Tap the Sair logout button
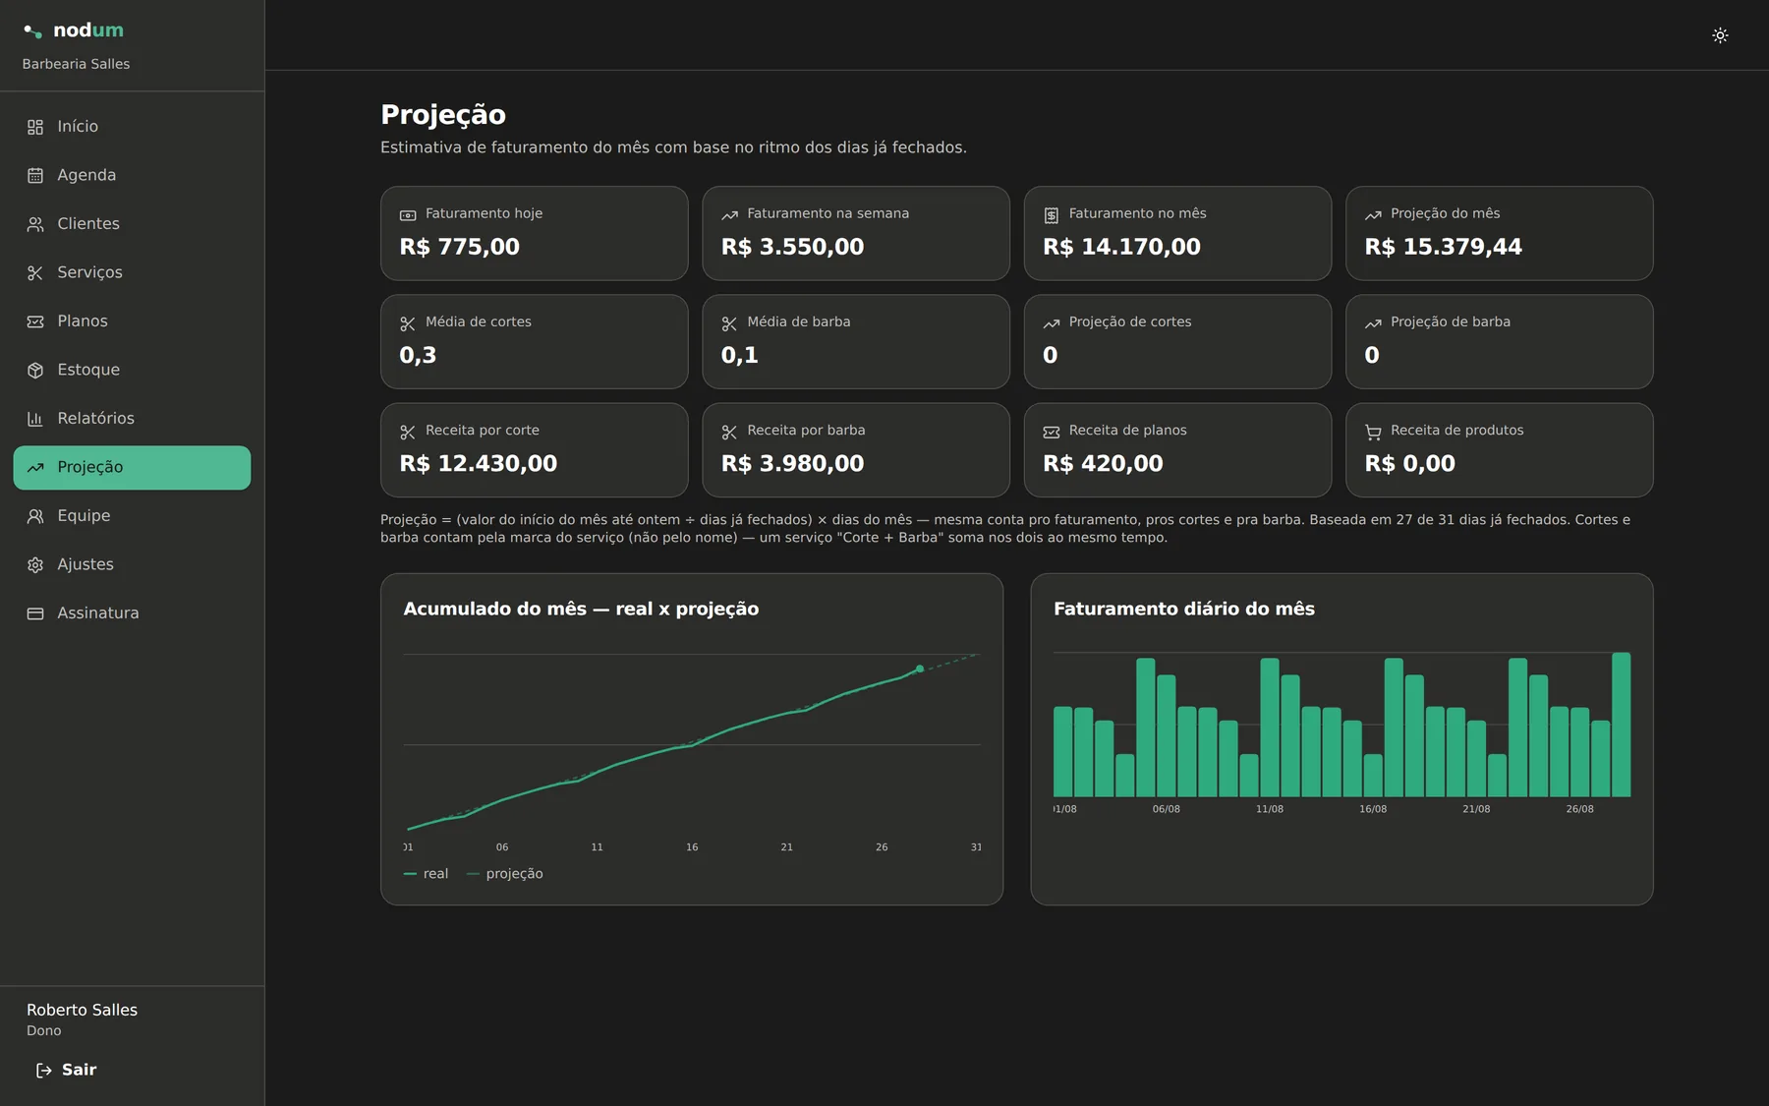(66, 1070)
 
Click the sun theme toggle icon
(1720, 35)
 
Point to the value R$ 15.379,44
(1443, 247)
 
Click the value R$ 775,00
(459, 247)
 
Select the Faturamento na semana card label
(827, 213)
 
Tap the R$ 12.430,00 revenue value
(478, 463)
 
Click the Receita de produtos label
(1456, 430)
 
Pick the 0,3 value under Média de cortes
(418, 355)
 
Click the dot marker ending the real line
(920, 669)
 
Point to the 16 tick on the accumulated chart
(692, 846)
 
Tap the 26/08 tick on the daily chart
(1579, 809)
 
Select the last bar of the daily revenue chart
(1621, 725)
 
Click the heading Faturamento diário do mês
(1184, 609)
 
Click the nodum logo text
(88, 30)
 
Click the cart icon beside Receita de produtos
(1373, 432)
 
